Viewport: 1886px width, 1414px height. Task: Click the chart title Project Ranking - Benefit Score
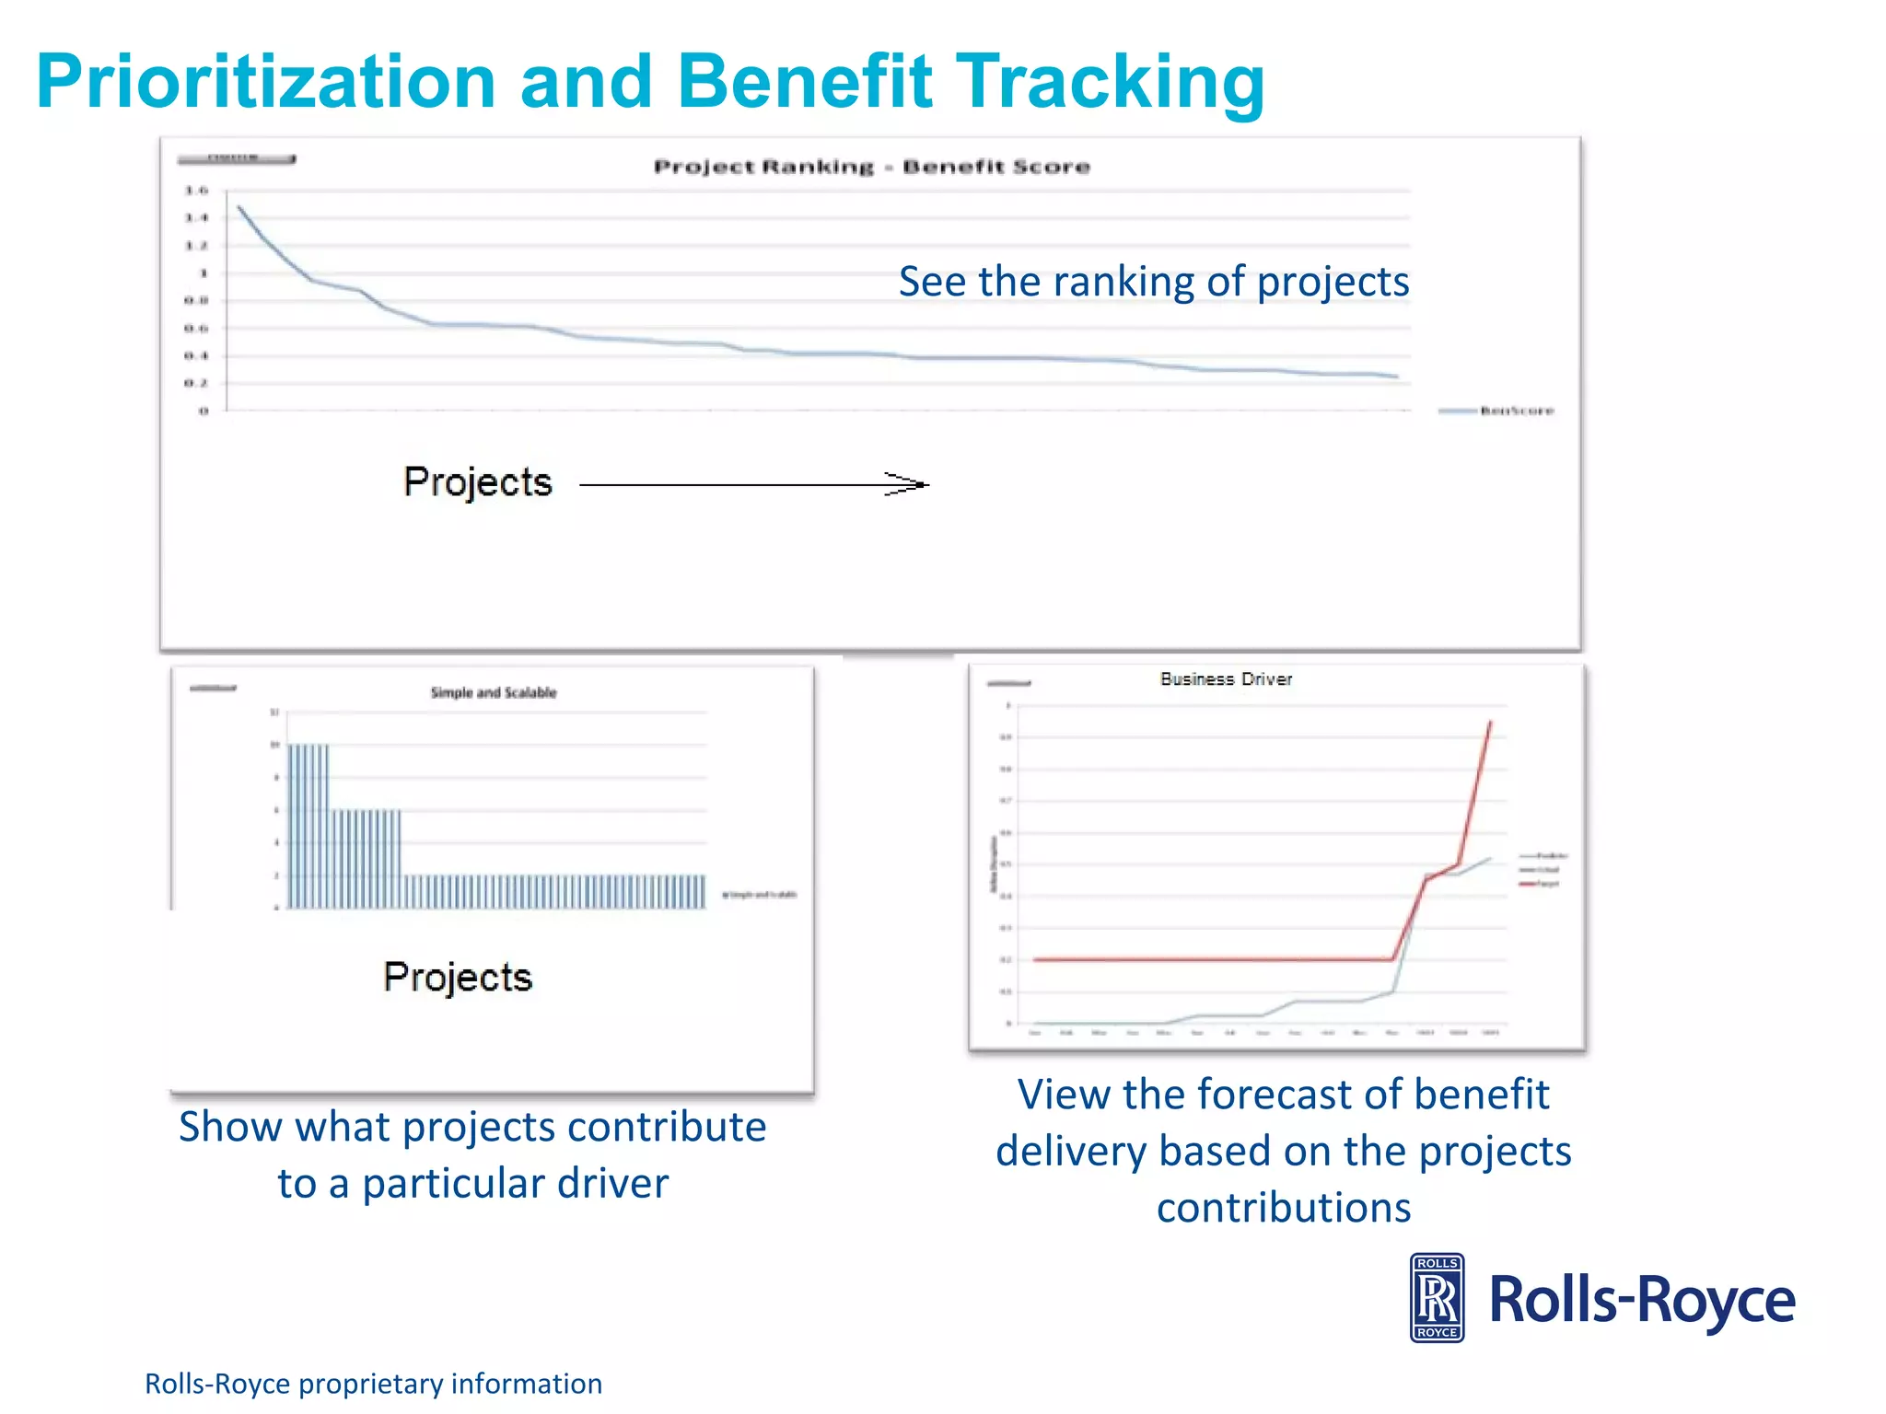click(x=871, y=167)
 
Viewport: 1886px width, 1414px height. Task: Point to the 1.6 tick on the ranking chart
click(x=196, y=191)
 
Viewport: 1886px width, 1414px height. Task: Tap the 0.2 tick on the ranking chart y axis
click(x=196, y=383)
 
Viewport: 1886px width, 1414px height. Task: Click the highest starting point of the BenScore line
click(x=239, y=207)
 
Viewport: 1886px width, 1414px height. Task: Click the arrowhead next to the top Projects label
click(x=917, y=484)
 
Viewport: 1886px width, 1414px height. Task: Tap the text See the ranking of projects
click(x=1153, y=282)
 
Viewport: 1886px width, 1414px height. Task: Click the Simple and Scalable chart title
click(x=494, y=692)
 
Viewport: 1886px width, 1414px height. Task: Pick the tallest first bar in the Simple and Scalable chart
click(x=292, y=824)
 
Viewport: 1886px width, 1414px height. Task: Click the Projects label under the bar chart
click(x=458, y=977)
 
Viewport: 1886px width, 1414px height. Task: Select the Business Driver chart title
click(x=1226, y=679)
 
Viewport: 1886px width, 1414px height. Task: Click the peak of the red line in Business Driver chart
click(x=1490, y=724)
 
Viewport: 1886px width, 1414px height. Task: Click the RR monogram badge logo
click(x=1437, y=1298)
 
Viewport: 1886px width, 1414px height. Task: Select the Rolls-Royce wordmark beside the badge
click(x=1642, y=1300)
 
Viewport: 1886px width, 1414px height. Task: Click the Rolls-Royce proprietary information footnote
click(x=373, y=1384)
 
